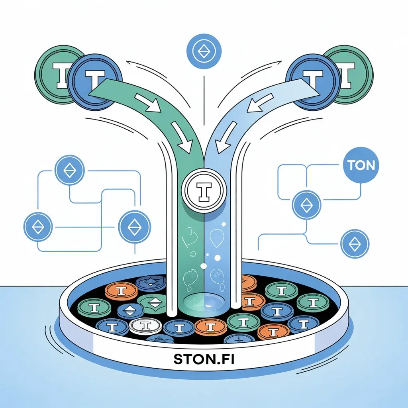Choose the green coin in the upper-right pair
click(351, 74)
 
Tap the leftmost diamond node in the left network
click(38, 227)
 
